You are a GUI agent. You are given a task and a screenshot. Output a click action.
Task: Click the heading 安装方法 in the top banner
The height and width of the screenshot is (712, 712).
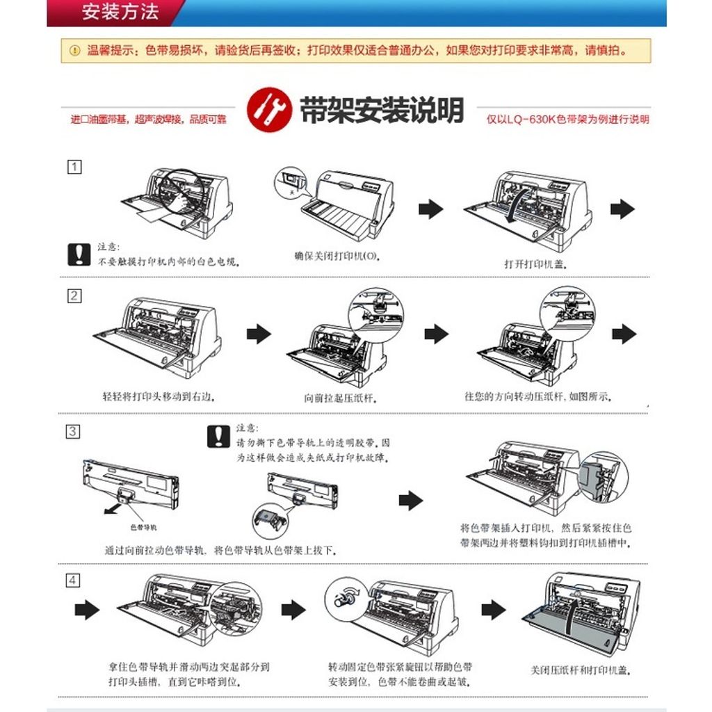click(x=120, y=12)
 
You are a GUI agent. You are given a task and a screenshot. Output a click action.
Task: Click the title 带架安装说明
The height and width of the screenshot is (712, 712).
click(x=381, y=110)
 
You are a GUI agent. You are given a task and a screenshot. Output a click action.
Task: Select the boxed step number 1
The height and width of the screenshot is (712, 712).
click(x=74, y=167)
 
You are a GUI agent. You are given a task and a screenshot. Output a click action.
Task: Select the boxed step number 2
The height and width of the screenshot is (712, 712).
click(x=74, y=296)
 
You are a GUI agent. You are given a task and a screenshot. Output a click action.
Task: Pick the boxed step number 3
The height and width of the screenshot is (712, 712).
click(x=72, y=431)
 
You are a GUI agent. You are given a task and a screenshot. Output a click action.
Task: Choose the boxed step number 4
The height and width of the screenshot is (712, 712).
click(x=74, y=581)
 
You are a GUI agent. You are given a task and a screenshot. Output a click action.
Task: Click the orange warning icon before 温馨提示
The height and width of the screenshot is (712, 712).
click(x=74, y=50)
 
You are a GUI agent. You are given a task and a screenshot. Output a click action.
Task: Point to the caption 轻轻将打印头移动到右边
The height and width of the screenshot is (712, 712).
click(x=159, y=397)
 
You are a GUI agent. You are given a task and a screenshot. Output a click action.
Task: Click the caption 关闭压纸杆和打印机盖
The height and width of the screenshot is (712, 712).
click(x=581, y=670)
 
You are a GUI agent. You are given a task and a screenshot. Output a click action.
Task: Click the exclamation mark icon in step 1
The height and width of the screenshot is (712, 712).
click(x=79, y=254)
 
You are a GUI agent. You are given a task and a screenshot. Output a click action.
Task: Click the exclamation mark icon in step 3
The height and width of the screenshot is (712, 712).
click(x=218, y=436)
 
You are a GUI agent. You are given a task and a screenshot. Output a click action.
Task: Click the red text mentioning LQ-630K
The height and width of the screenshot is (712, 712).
click(x=567, y=120)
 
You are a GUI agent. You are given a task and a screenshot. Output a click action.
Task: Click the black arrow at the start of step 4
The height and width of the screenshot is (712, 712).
click(x=87, y=610)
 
